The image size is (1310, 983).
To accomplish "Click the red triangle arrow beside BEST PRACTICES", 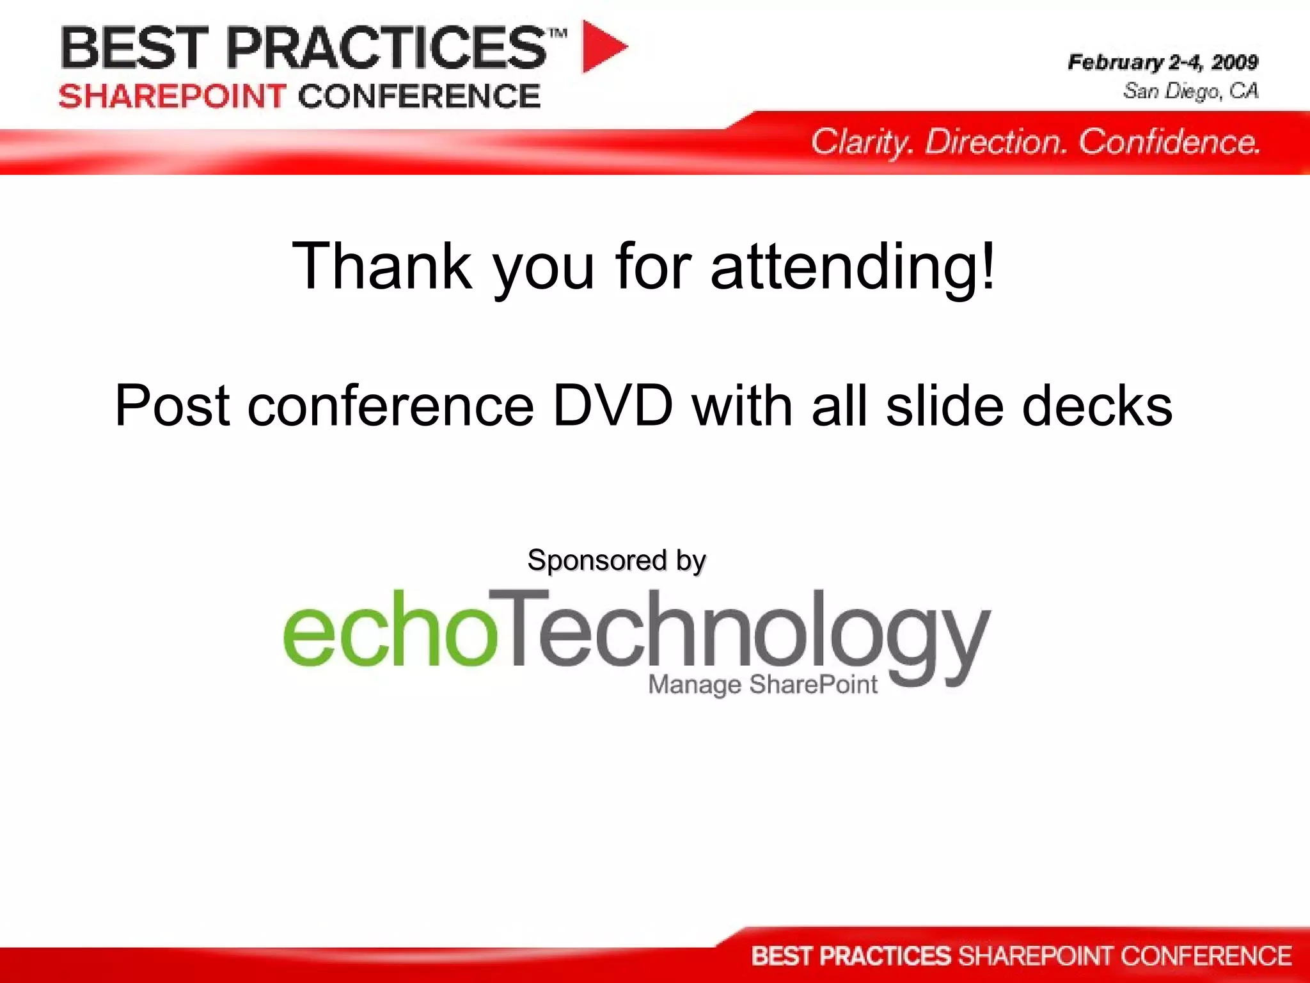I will pyautogui.click(x=601, y=47).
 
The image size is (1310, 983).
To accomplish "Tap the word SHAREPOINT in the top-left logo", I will pyautogui.click(x=172, y=97).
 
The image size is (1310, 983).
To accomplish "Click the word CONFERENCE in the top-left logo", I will pyautogui.click(x=419, y=97).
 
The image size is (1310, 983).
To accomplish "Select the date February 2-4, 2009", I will pyautogui.click(x=1162, y=62).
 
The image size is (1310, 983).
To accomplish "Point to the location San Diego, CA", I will pyautogui.click(x=1190, y=91).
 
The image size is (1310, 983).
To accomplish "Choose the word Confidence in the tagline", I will pyautogui.click(x=1169, y=142).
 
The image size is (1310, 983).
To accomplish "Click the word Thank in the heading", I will pyautogui.click(x=382, y=266).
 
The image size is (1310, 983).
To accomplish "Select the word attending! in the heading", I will pyautogui.click(x=853, y=266).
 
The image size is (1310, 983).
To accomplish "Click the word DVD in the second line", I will pyautogui.click(x=613, y=406).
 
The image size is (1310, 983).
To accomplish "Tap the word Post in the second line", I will pyautogui.click(x=172, y=406).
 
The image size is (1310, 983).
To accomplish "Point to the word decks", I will pyautogui.click(x=1097, y=406).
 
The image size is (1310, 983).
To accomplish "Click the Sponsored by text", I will pyautogui.click(x=616, y=561).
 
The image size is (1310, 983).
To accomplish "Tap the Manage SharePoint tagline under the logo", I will pyautogui.click(x=762, y=685).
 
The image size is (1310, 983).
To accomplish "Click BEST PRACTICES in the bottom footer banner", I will pyautogui.click(x=851, y=956).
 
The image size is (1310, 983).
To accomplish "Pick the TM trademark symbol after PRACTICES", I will pyautogui.click(x=558, y=33).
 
